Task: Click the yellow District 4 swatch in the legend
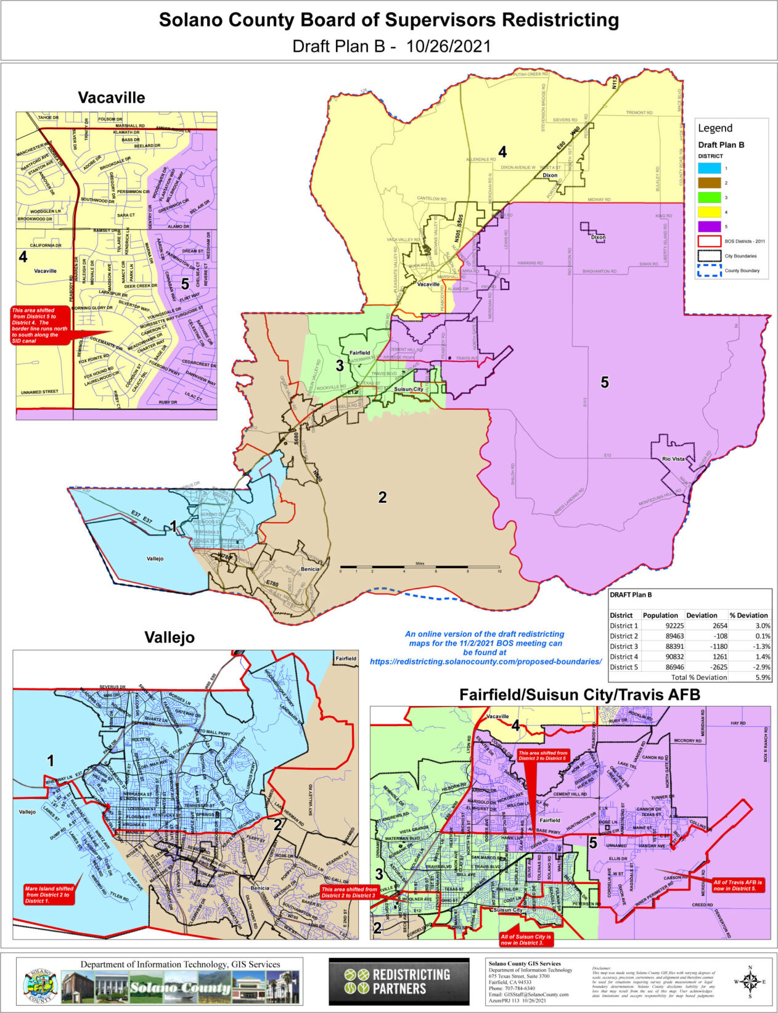[x=710, y=212]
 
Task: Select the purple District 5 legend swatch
[x=710, y=227]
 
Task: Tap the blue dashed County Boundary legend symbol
[x=710, y=270]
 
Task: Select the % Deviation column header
[x=748, y=615]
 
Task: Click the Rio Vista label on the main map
[x=673, y=459]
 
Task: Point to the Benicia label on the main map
[x=309, y=569]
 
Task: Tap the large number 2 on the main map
[x=382, y=497]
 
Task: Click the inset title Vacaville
[x=111, y=97]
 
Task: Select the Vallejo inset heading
[x=169, y=637]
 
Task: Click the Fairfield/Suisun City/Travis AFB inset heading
[x=579, y=695]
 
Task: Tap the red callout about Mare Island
[x=49, y=895]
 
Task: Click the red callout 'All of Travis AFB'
[x=738, y=885]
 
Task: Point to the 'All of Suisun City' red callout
[x=525, y=940]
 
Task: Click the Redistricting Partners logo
[x=398, y=981]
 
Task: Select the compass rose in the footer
[x=750, y=982]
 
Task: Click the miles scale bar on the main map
[x=419, y=566]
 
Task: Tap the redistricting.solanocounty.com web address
[x=485, y=661]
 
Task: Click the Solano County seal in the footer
[x=41, y=982]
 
